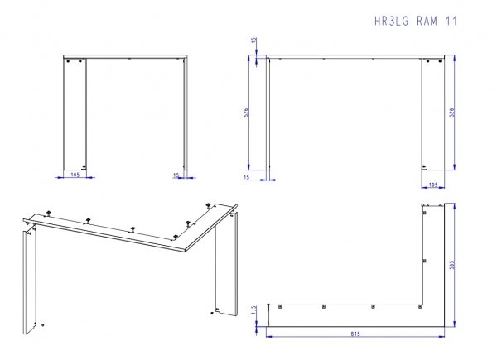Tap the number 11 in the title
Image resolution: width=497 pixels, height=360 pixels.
[451, 22]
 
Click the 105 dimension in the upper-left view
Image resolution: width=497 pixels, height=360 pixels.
[75, 175]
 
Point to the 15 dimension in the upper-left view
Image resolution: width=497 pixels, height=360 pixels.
[176, 175]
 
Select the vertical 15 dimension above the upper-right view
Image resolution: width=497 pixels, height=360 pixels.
[254, 41]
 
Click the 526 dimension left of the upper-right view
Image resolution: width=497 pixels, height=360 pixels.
[246, 113]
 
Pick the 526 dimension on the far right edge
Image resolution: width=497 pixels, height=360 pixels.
[452, 113]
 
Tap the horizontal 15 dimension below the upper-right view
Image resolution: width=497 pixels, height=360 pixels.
[246, 177]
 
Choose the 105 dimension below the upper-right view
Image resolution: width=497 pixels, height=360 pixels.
[433, 185]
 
